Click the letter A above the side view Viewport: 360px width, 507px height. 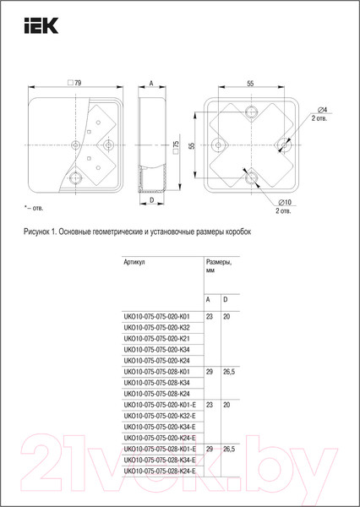(x=150, y=84)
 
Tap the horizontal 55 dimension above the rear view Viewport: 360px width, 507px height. (x=251, y=84)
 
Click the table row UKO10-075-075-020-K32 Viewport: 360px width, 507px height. (x=156, y=327)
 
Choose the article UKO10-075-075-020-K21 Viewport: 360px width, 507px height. (x=156, y=338)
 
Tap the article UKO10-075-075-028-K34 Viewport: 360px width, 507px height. (x=156, y=382)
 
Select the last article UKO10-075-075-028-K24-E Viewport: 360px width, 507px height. (x=159, y=470)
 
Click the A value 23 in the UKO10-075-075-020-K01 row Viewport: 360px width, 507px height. (x=209, y=316)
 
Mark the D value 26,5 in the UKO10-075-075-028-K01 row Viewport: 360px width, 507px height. (x=229, y=371)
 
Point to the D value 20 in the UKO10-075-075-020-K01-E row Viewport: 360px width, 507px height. (x=226, y=404)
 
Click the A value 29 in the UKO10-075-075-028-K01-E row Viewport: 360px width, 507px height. (x=209, y=448)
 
